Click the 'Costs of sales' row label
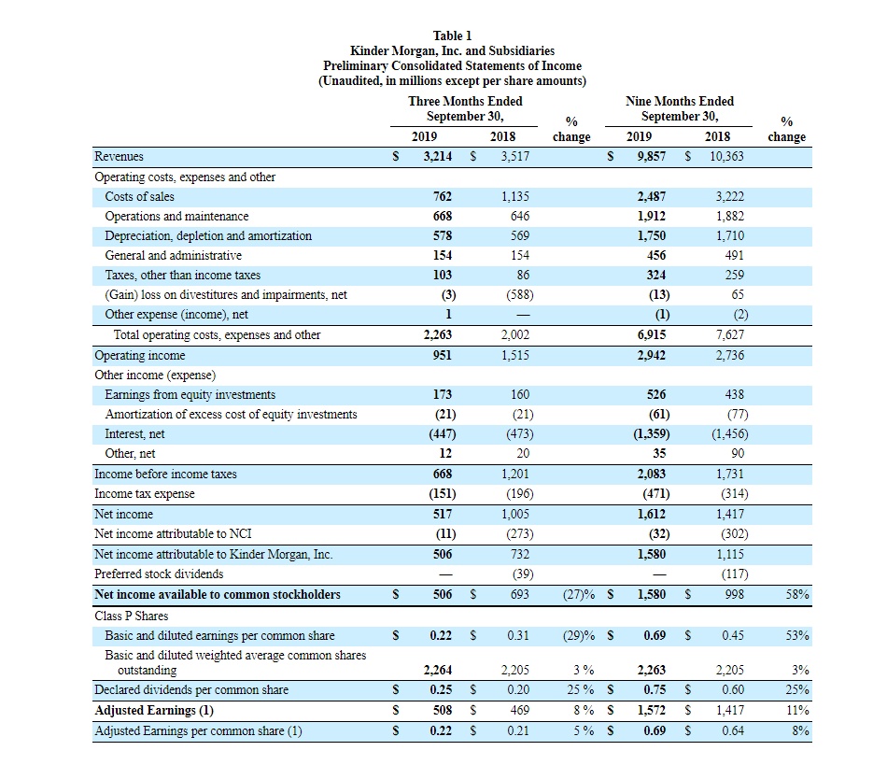[x=139, y=197]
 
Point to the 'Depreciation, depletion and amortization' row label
[x=208, y=236]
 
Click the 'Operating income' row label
[x=140, y=356]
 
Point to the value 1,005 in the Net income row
[x=514, y=514]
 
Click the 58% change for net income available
[x=796, y=594]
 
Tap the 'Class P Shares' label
[x=133, y=616]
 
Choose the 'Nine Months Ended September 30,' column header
[x=680, y=108]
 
